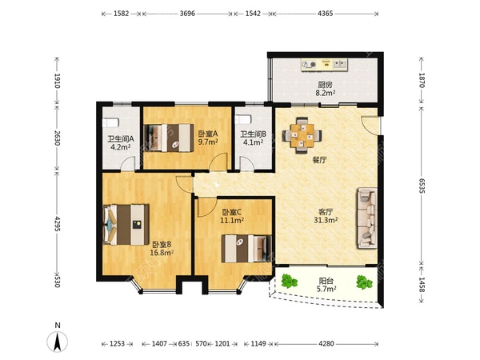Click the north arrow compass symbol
58,341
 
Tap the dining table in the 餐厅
302,135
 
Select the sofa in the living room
366,218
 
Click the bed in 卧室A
169,138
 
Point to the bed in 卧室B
126,225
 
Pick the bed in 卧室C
246,248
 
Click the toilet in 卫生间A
110,122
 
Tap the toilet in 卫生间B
243,119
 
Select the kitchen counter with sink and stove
325,65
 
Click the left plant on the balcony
290,281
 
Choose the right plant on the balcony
364,282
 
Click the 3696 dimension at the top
187,14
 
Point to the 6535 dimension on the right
422,186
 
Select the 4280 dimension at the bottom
326,344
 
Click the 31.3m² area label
326,220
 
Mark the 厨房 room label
325,85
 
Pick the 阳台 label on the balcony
326,281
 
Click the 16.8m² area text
162,253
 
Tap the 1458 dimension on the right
422,285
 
